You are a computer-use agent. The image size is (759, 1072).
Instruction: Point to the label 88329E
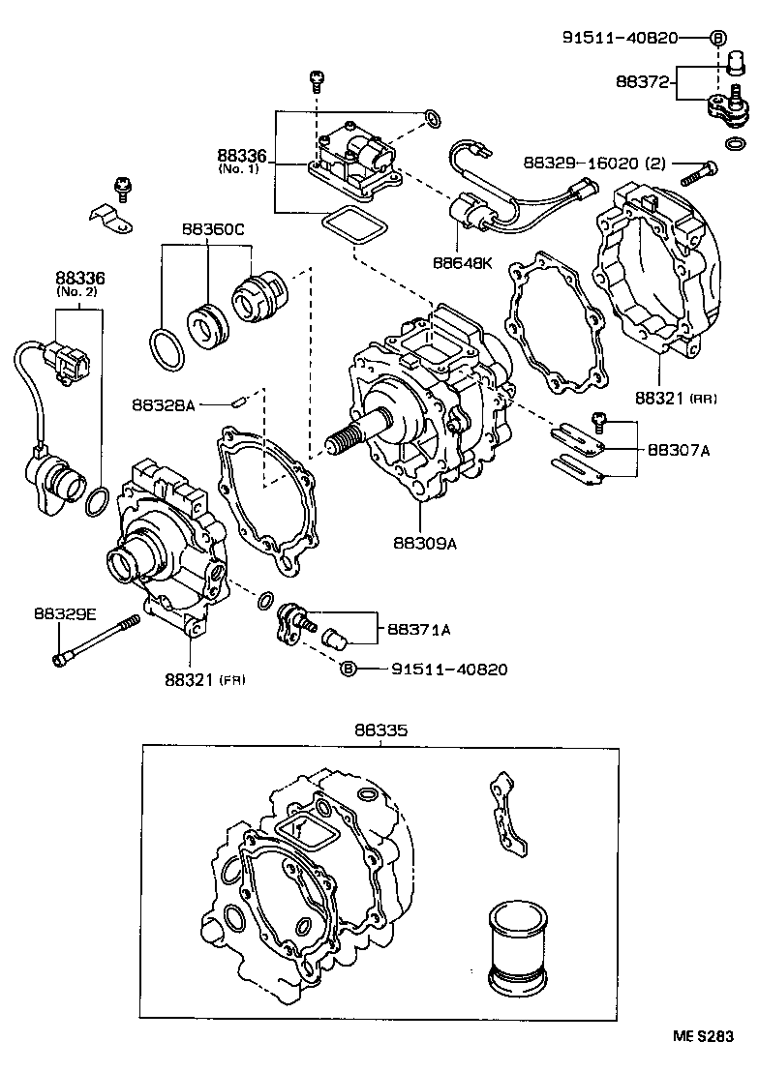64,613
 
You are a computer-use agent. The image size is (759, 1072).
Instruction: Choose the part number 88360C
213,229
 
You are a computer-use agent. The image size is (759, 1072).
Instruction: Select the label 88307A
678,449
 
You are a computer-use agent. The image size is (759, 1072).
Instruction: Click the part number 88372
642,83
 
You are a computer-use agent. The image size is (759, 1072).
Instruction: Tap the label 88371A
419,629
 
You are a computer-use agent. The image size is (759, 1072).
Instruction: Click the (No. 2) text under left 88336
79,293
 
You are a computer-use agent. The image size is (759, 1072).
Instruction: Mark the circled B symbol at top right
717,39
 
